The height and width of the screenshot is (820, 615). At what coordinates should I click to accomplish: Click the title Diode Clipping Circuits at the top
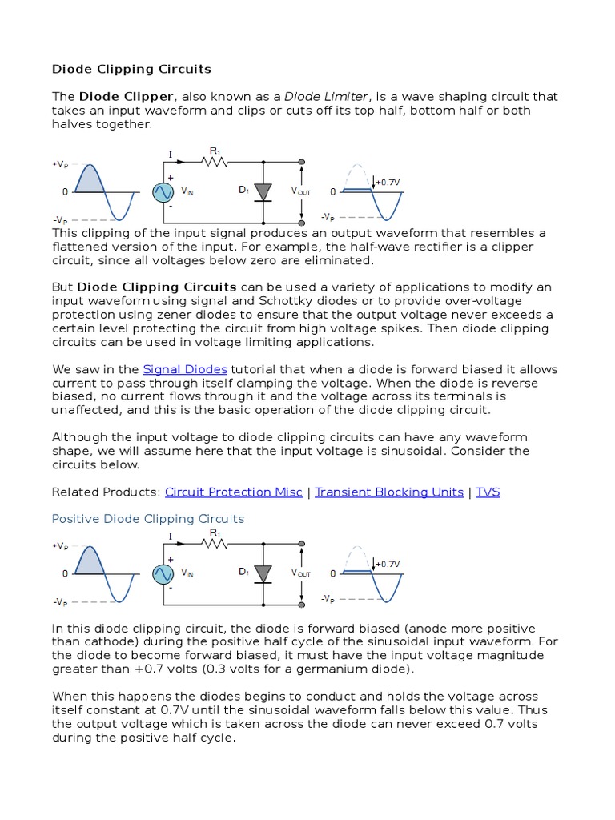coord(131,69)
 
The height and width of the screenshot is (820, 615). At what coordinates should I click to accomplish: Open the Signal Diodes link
coord(185,369)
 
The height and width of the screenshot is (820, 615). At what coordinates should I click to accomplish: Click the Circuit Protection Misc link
coord(233,492)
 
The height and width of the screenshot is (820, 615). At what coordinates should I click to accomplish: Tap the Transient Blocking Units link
coord(389,492)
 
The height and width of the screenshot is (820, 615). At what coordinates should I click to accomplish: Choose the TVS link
coord(488,492)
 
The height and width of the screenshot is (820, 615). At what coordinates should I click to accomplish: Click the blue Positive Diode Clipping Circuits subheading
coord(148,519)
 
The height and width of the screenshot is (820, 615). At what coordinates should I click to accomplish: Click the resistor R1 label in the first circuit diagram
coord(215,150)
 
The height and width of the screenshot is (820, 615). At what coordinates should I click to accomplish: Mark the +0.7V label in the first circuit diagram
coord(388,182)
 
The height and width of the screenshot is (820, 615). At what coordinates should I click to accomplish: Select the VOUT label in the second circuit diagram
coord(301,573)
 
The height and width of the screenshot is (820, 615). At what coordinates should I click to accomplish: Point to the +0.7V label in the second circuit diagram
coord(388,564)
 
